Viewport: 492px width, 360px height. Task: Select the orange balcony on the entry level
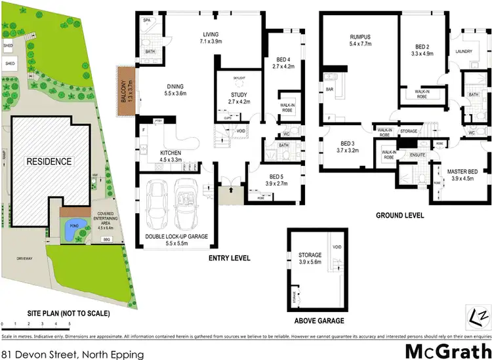coord(125,91)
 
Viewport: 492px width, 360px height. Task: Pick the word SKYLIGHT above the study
coord(239,78)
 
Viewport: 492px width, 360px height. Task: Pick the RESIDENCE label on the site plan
coord(50,161)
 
